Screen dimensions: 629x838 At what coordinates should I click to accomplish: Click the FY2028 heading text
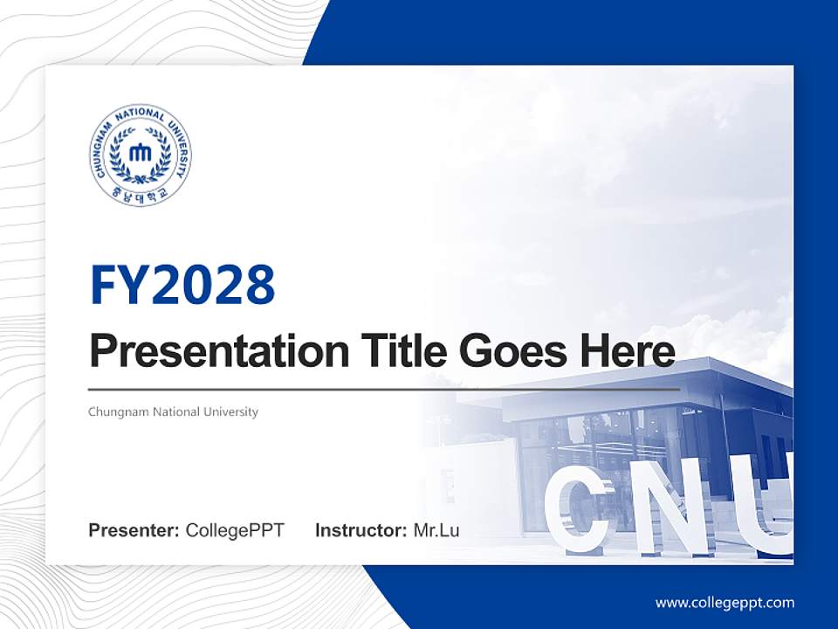pos(182,285)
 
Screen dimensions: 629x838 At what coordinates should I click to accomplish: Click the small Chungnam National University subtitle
pos(173,411)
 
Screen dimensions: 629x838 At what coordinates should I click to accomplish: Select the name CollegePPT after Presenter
pos(235,530)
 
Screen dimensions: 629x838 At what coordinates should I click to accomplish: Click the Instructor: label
pos(361,530)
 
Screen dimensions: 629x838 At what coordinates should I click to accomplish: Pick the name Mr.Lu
pos(436,530)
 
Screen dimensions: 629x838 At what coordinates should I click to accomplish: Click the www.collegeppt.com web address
pos(725,603)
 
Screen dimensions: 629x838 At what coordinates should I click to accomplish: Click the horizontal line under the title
pos(384,389)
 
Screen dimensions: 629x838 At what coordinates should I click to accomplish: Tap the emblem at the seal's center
pos(140,153)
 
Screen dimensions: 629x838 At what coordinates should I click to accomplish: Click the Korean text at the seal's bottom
pos(140,195)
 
